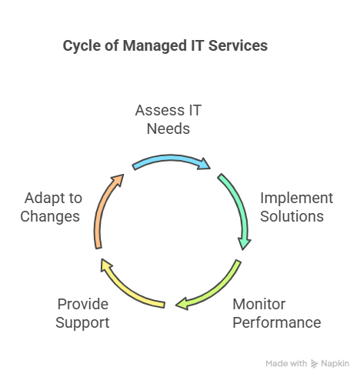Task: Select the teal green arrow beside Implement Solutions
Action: pyautogui.click(x=240, y=202)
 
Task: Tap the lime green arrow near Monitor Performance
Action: pyautogui.click(x=218, y=291)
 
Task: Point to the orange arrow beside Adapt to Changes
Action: pyautogui.click(x=102, y=205)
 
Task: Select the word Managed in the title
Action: pyautogui.click(x=155, y=46)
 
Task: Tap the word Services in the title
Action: pyautogui.click(x=238, y=45)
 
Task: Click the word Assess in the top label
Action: pyautogui.click(x=159, y=110)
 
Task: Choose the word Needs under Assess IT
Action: pyautogui.click(x=168, y=128)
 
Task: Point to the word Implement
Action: pyautogui.click(x=297, y=199)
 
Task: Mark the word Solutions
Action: pyautogui.click(x=292, y=216)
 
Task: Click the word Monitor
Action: pyautogui.click(x=259, y=304)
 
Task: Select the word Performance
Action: pyautogui.click(x=277, y=322)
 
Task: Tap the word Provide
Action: pyautogui.click(x=83, y=304)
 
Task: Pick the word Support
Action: pyautogui.click(x=82, y=322)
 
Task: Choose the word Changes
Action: pyautogui.click(x=50, y=216)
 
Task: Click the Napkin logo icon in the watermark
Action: pyautogui.click(x=314, y=364)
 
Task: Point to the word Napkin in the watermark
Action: pyautogui.click(x=335, y=363)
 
